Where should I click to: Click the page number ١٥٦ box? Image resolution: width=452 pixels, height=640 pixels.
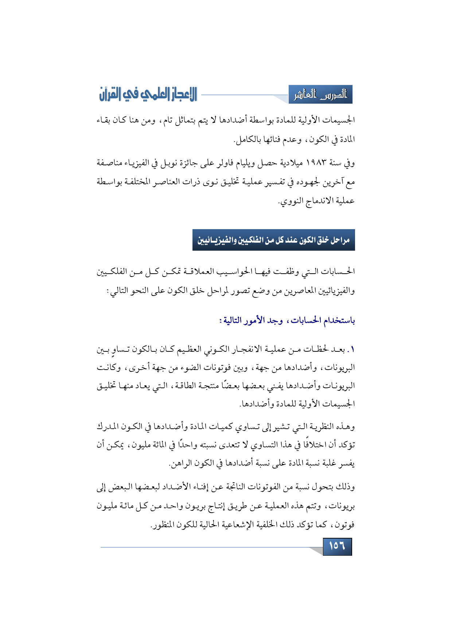[x=337, y=546]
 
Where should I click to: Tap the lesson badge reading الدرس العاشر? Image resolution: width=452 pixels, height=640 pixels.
[x=320, y=95]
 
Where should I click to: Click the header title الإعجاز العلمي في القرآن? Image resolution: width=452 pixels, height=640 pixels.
[x=148, y=94]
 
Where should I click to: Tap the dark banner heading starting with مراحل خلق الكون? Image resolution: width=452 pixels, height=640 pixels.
[x=273, y=240]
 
